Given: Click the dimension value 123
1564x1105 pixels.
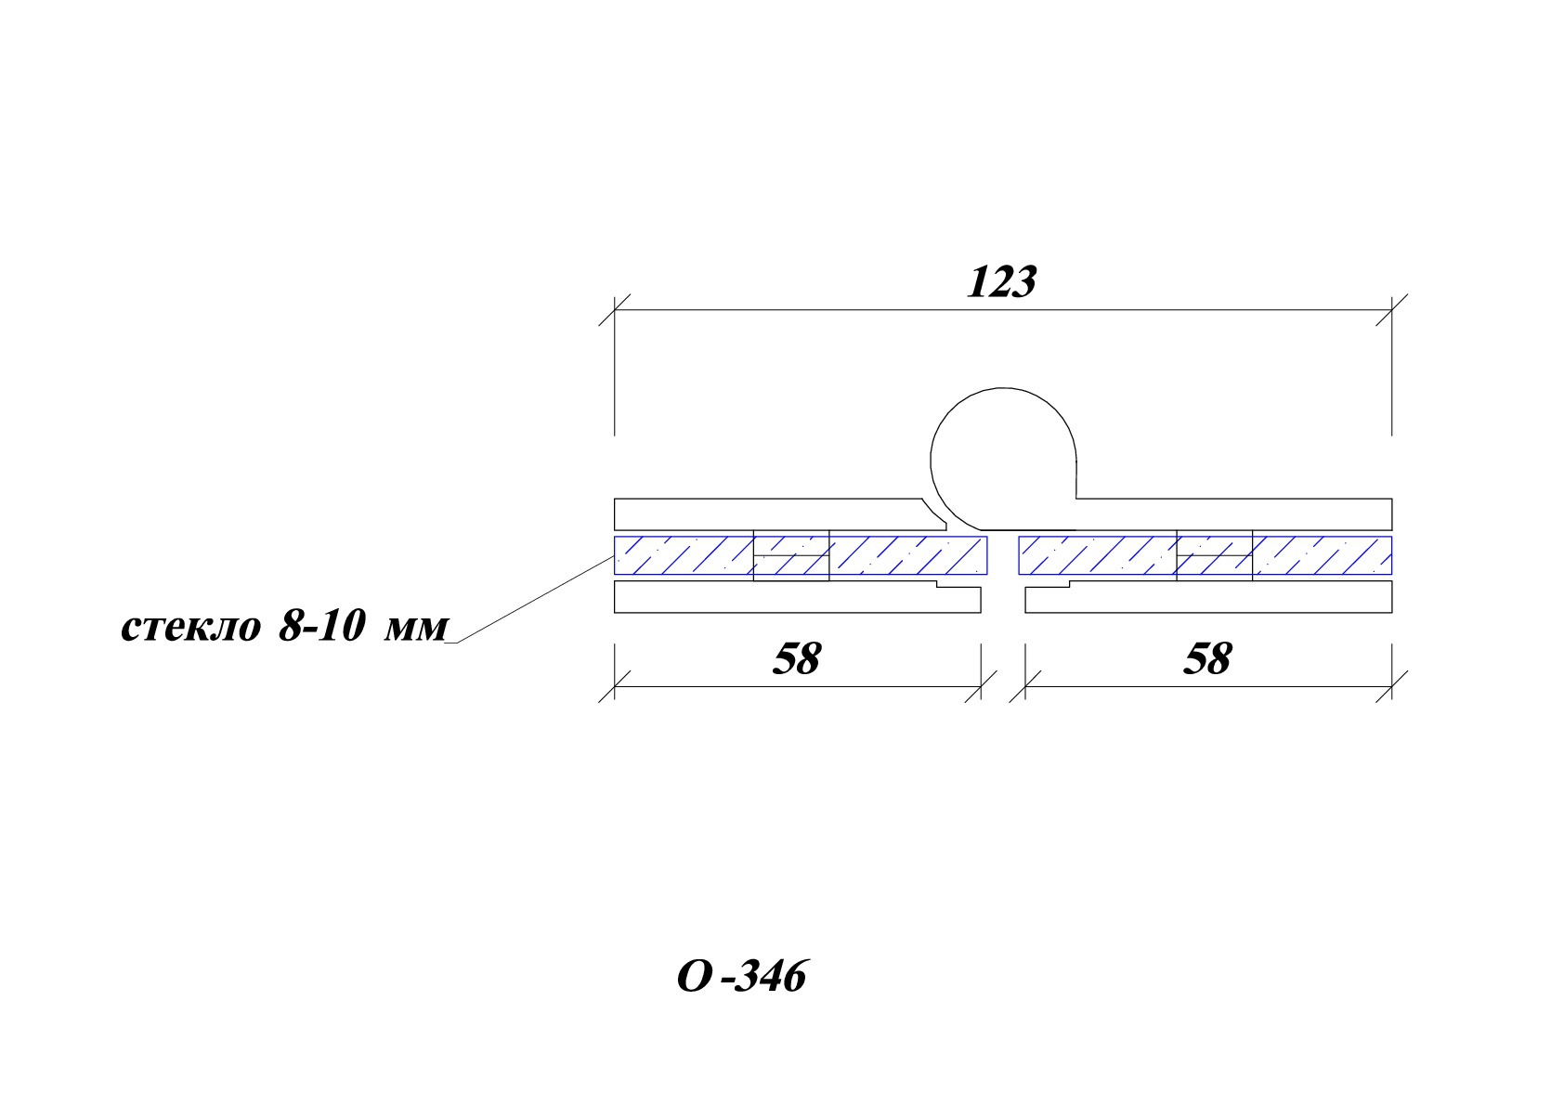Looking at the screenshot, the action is coord(1002,282).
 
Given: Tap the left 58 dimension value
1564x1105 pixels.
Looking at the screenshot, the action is coord(797,658).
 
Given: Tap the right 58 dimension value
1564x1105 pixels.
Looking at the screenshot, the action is coord(1208,658).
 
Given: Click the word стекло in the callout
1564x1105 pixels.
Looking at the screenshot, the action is coord(191,628).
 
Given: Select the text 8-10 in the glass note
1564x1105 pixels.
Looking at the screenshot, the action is coord(322,626).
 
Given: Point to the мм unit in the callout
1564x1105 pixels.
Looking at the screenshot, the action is coord(416,629).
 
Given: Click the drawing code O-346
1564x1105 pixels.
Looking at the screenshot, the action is coord(742,976).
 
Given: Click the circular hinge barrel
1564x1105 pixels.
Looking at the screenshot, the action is coord(932,461).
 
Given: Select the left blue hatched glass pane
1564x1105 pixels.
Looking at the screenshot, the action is coord(801,555).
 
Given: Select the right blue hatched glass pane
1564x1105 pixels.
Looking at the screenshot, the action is coord(1206,555).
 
